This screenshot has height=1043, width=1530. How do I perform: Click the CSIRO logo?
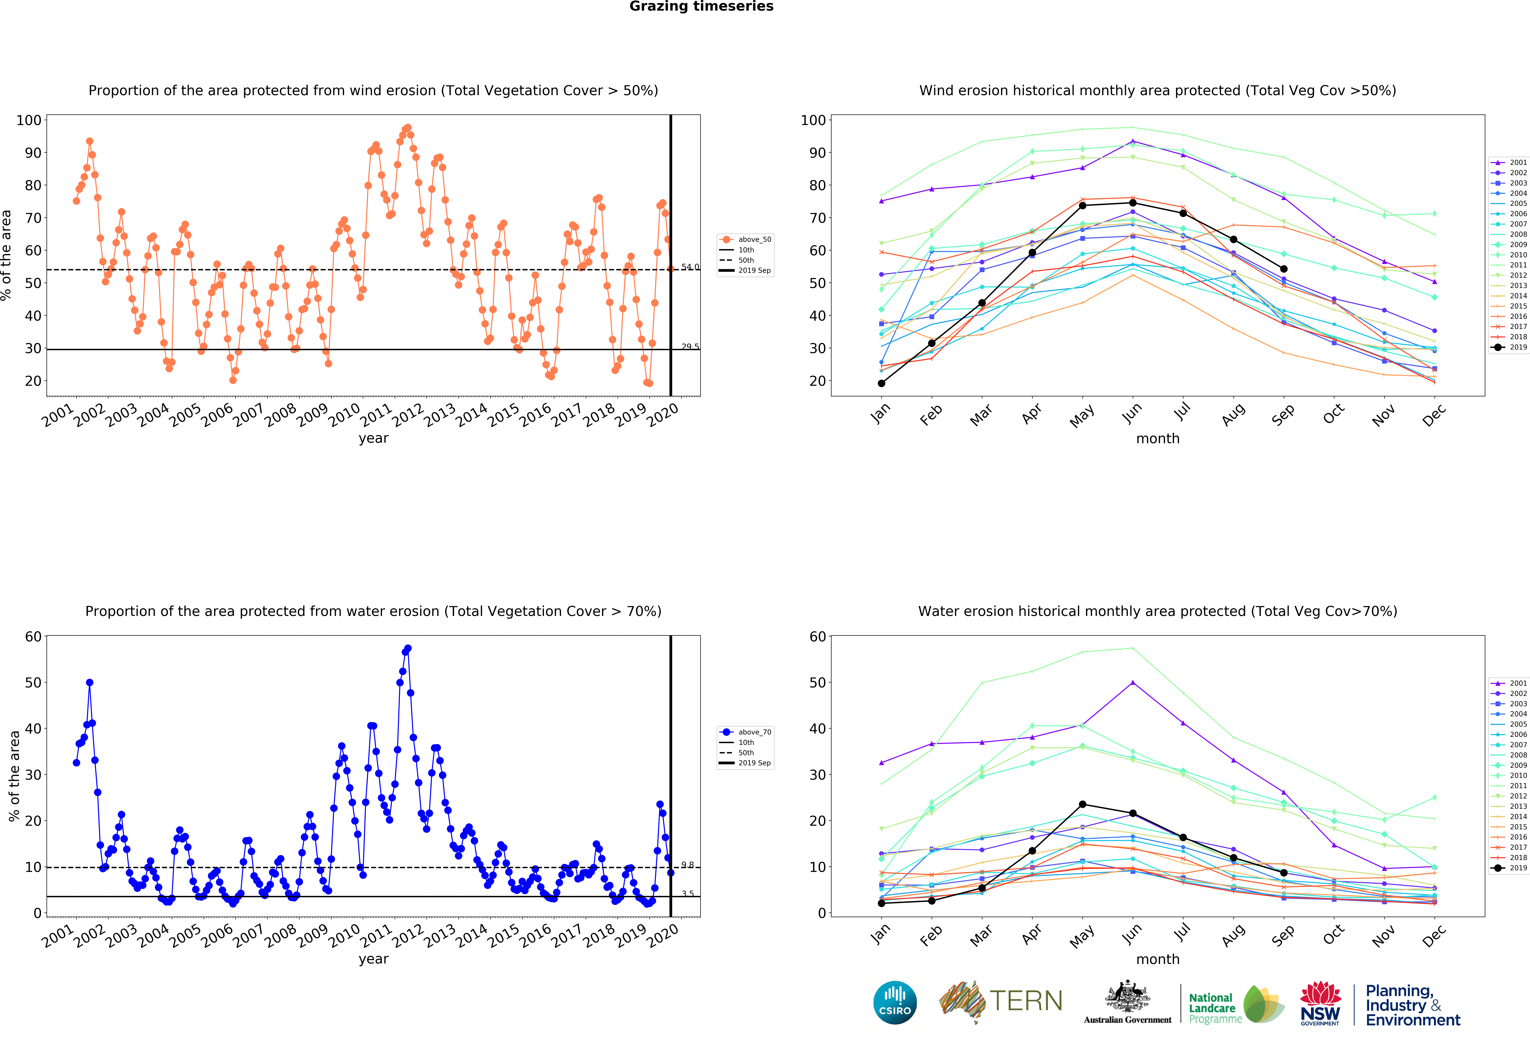tap(895, 1003)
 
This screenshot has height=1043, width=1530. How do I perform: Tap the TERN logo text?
tap(1026, 1001)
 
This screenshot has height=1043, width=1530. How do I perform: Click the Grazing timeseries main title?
tap(701, 7)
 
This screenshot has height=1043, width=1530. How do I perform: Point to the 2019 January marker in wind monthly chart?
tap(881, 383)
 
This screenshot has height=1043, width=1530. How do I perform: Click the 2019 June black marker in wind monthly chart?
tap(1132, 203)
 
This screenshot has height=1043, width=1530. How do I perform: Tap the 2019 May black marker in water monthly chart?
tap(1082, 805)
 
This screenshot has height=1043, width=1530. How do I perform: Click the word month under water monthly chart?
tap(1157, 959)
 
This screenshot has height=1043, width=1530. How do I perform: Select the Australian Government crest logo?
tap(1128, 1001)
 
